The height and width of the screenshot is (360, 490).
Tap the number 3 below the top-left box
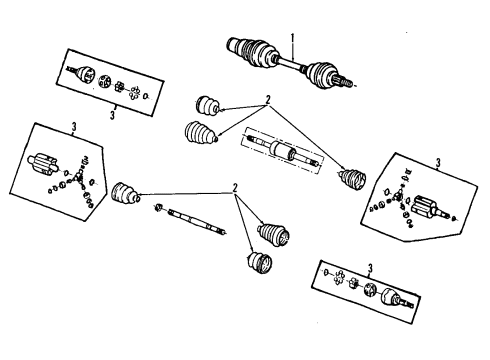113,116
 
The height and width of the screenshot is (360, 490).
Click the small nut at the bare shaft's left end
158,208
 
